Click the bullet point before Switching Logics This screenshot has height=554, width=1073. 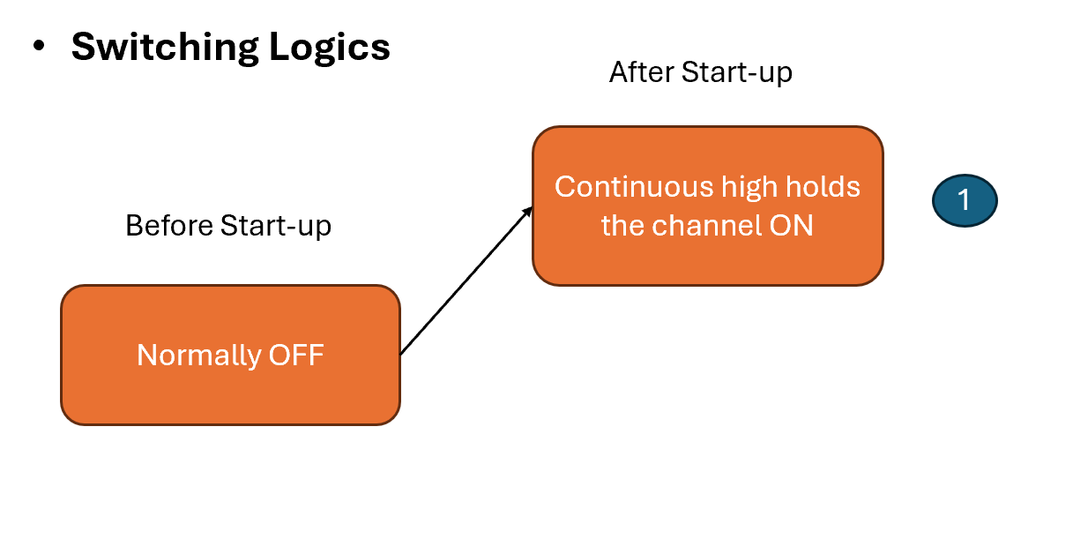pos(38,47)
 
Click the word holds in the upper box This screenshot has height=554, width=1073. pos(825,187)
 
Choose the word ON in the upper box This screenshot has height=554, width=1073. pos(791,226)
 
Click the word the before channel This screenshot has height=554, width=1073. pos(622,226)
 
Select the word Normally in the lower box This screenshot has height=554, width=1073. pos(199,355)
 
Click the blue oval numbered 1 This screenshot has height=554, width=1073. pos(964,200)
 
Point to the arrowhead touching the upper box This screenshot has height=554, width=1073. pos(529,210)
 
